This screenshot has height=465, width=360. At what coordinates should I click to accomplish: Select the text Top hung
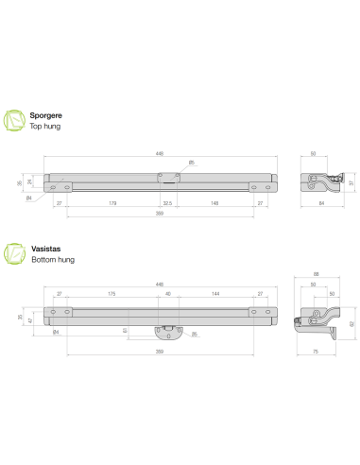coord(43,125)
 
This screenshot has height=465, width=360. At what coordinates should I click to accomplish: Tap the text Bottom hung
coord(48,258)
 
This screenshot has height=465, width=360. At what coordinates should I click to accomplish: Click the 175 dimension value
coord(111,294)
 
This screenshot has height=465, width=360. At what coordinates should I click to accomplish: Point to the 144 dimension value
coord(217,294)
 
